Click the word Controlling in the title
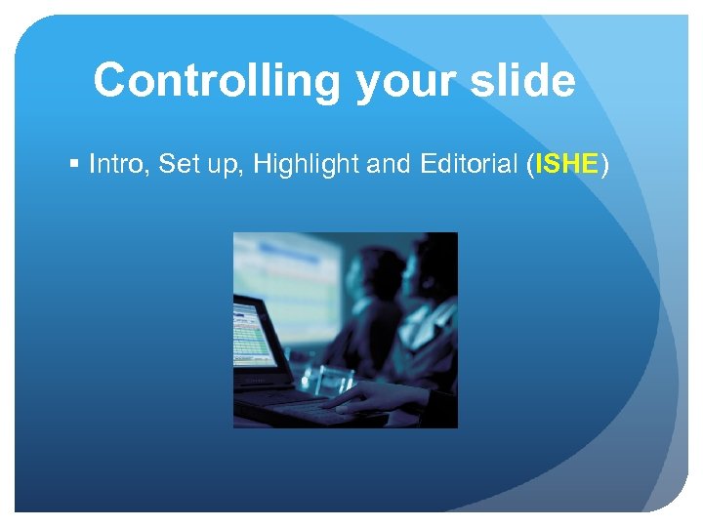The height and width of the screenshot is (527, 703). point(218,80)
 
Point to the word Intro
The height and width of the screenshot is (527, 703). point(115,165)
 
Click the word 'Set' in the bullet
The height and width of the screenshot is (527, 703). point(177,165)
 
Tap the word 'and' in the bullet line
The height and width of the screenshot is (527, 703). point(386,165)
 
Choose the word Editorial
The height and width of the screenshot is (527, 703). point(466,165)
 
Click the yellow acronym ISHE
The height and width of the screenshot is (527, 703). point(565,165)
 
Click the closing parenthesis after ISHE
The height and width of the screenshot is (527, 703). point(604,166)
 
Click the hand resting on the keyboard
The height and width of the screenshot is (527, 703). point(366,395)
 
